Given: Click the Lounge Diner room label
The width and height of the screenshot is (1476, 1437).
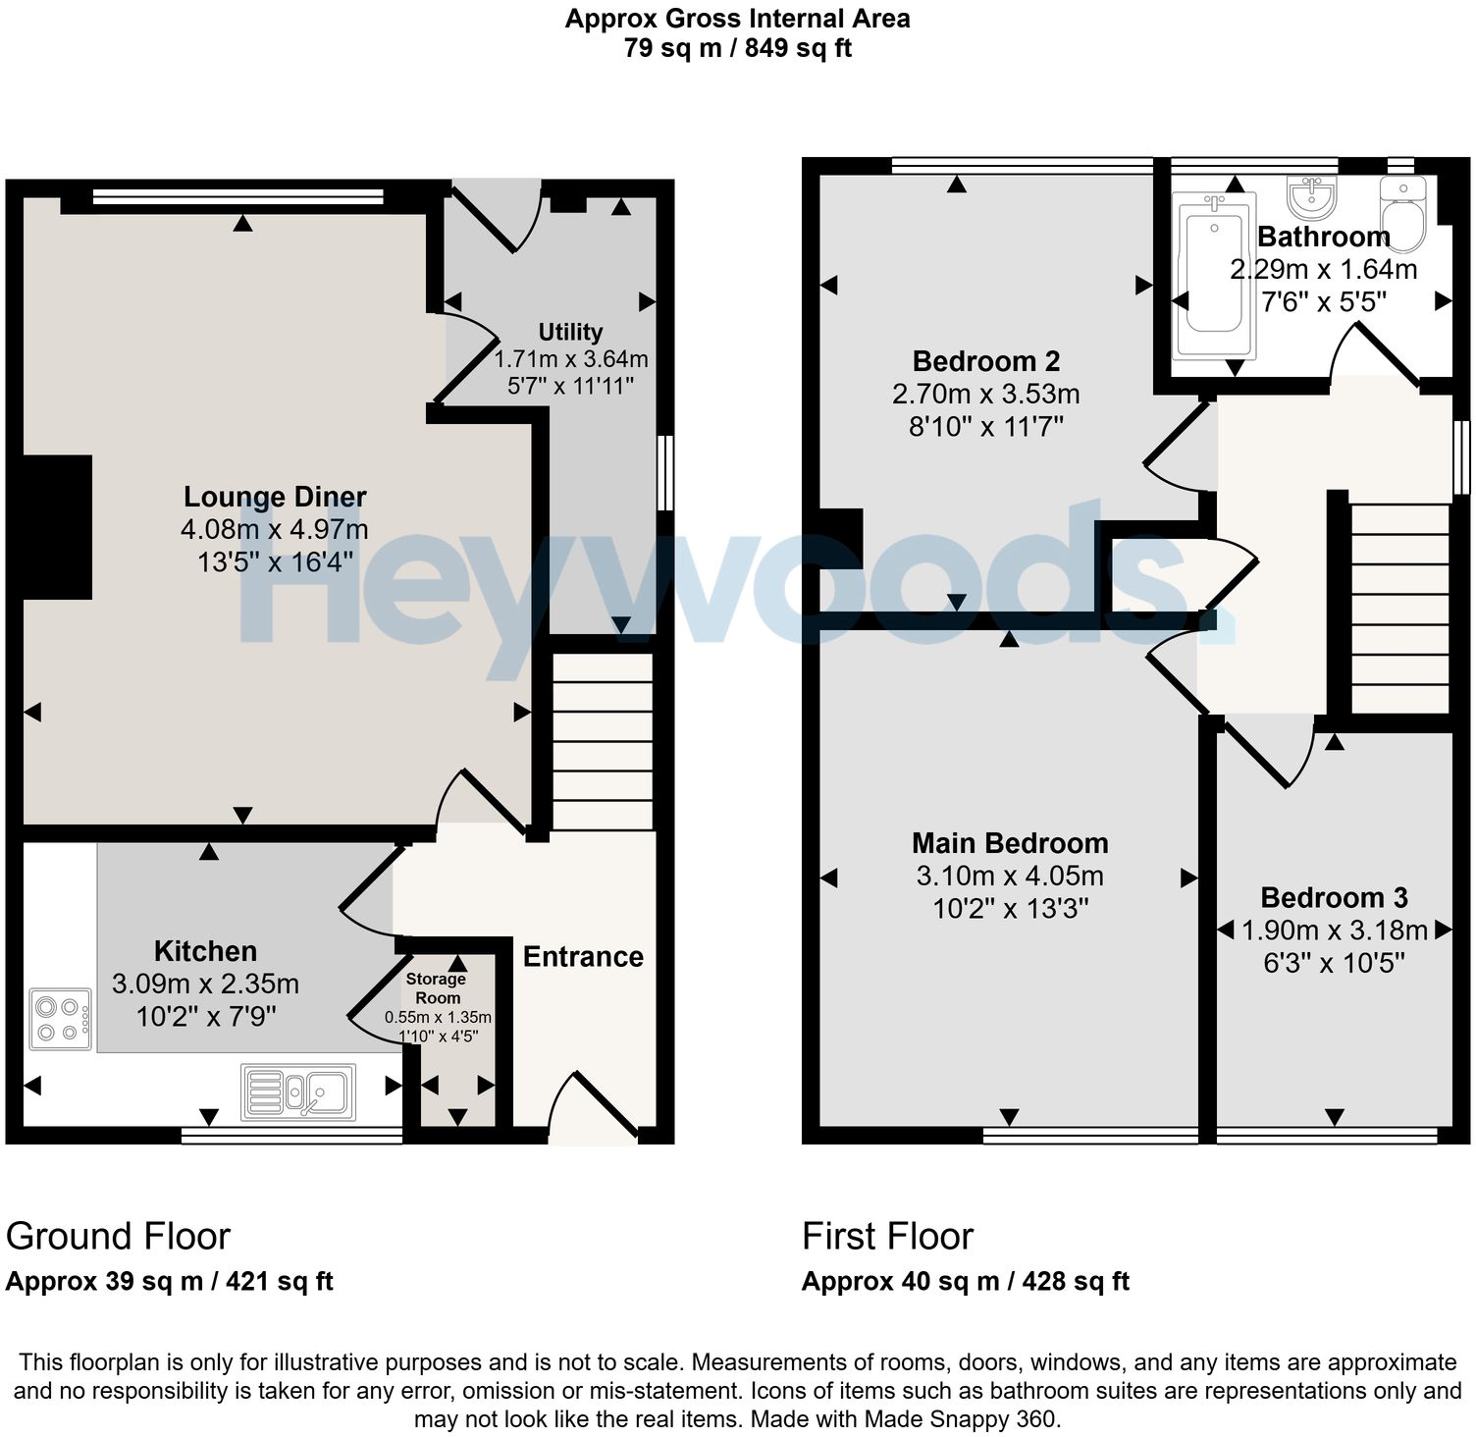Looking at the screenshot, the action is click(276, 497).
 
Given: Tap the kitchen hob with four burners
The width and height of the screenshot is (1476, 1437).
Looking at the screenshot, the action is click(61, 1019).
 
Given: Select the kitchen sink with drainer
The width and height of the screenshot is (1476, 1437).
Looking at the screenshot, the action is click(298, 1091).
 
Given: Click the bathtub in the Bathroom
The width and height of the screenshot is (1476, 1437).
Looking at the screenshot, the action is click(1215, 275).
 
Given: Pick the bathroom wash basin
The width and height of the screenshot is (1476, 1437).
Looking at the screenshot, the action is click(1312, 197).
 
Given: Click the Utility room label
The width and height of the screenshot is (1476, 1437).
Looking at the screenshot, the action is click(570, 332).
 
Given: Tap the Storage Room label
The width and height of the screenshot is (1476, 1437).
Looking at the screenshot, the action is click(437, 987).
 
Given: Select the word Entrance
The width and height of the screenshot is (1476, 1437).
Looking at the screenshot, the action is click(583, 957).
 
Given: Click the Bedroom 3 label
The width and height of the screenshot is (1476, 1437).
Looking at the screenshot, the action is click(1334, 897).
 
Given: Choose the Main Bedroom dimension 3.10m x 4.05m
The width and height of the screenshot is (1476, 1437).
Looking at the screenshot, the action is click(1010, 876).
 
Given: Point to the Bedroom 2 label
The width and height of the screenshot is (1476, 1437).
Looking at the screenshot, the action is click(986, 361).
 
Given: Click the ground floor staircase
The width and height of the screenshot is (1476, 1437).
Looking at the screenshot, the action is click(603, 742).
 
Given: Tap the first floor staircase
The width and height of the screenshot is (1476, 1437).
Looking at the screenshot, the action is click(1400, 609).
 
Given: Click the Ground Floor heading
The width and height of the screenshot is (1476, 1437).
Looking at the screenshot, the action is click(119, 1236).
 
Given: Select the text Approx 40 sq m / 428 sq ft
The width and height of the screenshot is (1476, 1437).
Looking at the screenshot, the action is click(966, 1281).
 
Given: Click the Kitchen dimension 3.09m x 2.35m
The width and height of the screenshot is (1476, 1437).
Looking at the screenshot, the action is click(206, 984).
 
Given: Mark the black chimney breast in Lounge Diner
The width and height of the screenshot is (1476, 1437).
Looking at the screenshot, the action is click(57, 527).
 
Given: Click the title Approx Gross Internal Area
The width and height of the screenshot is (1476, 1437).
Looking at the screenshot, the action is click(737, 18).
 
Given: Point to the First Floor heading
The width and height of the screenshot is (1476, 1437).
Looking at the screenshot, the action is click(888, 1236).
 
